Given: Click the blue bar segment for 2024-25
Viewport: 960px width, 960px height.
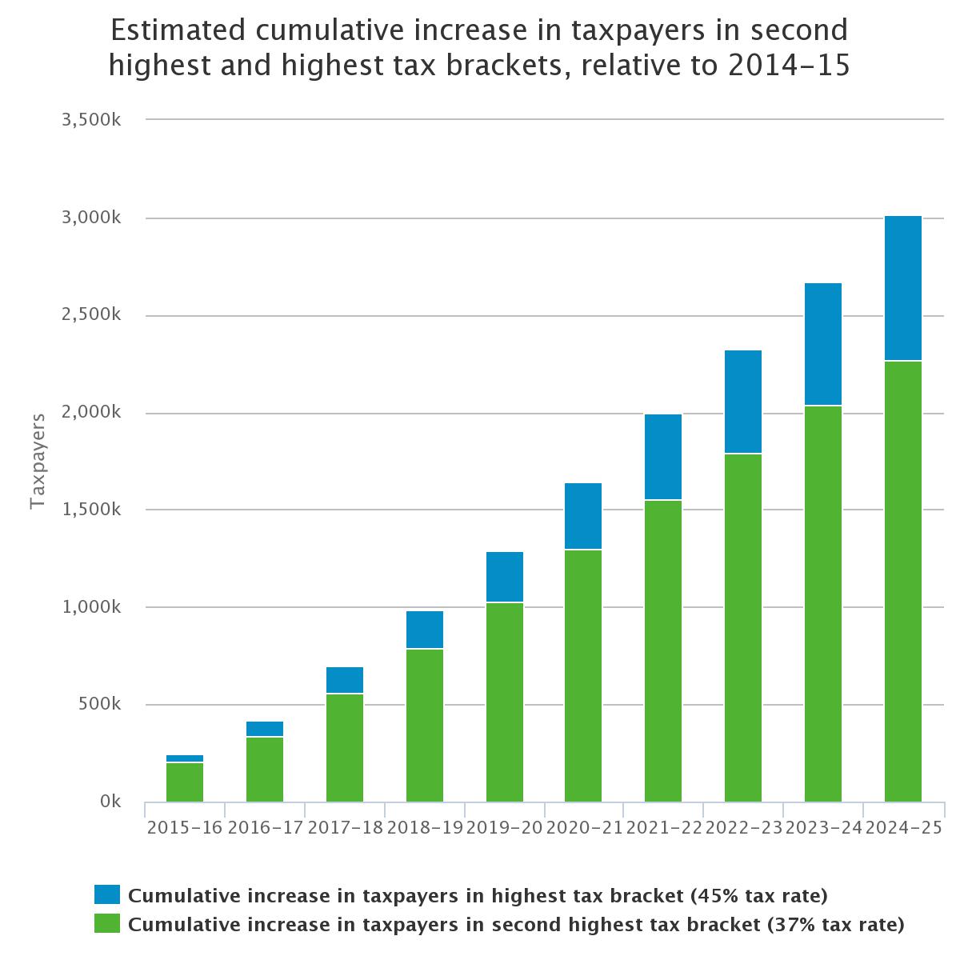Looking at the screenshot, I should click(903, 288).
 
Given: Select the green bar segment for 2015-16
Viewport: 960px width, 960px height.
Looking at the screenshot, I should click(185, 782).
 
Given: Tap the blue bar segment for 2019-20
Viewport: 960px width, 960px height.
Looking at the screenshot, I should click(505, 577).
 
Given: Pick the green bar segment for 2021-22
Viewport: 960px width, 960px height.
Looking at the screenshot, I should click(663, 650).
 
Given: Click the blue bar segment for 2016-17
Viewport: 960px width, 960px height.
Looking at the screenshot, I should click(265, 729).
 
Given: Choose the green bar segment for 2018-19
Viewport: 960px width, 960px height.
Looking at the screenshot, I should click(425, 725).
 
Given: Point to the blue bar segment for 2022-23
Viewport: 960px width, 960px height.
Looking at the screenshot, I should click(743, 402).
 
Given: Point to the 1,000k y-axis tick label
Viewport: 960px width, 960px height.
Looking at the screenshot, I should click(90, 607).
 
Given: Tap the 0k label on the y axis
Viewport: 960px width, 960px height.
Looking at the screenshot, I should click(110, 802).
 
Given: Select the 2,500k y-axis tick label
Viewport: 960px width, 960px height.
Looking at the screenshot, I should click(90, 315).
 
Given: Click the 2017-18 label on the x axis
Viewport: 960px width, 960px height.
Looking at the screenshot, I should click(345, 828).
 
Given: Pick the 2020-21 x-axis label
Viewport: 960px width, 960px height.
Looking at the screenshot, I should click(584, 828).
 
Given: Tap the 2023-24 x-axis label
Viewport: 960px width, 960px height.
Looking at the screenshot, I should click(823, 828).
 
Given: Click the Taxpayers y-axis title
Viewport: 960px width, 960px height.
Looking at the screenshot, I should click(37, 461).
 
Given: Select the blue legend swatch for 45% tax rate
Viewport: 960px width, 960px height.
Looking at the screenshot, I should click(106, 894).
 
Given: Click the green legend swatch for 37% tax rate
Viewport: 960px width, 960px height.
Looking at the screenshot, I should click(106, 924).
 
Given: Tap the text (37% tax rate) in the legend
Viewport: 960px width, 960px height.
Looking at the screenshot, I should click(835, 925).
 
